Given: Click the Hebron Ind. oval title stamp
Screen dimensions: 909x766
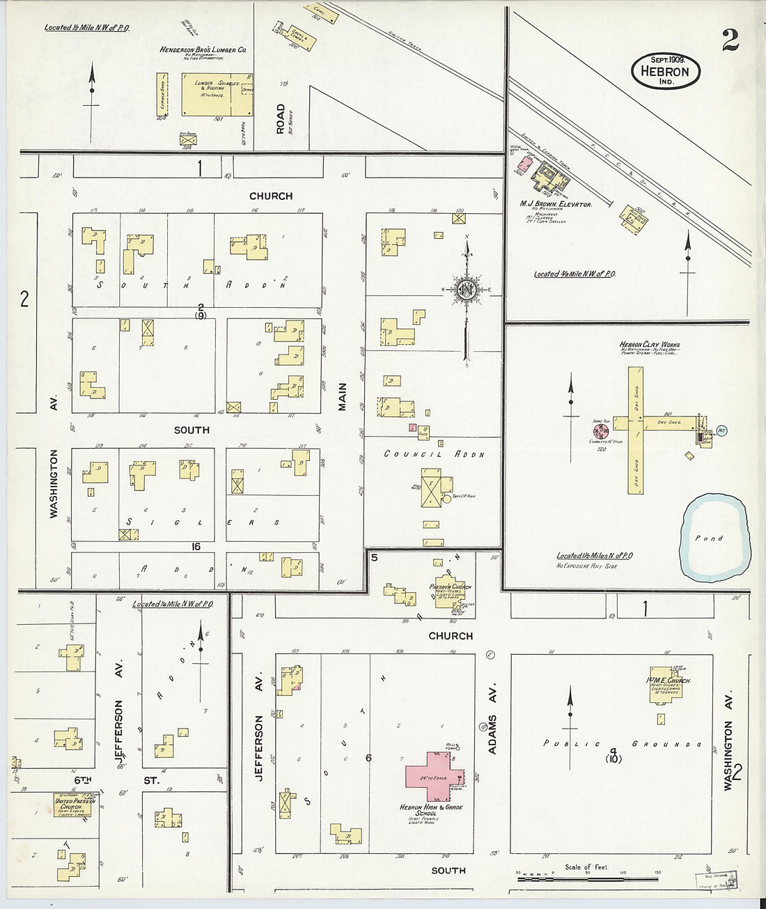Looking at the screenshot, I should pyautogui.click(x=665, y=71).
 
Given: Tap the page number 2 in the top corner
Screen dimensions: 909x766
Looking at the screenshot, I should pyautogui.click(x=730, y=42).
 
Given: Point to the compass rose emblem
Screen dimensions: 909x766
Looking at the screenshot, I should pyautogui.click(x=467, y=290).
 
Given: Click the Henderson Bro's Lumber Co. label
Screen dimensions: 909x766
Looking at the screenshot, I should pyautogui.click(x=203, y=50).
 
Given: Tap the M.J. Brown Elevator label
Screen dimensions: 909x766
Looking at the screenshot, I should pyautogui.click(x=555, y=204).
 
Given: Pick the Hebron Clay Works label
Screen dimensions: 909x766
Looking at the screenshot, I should pyautogui.click(x=649, y=345).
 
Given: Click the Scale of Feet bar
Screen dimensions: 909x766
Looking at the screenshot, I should pyautogui.click(x=588, y=879).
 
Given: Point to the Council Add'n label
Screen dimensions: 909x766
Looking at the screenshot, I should pyautogui.click(x=434, y=454).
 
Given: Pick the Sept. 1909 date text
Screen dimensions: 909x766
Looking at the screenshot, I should pyautogui.click(x=665, y=59).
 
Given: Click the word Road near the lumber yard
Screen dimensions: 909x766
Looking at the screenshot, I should pyautogui.click(x=280, y=118).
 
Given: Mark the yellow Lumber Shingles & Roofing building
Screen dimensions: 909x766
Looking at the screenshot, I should pyautogui.click(x=217, y=94).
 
